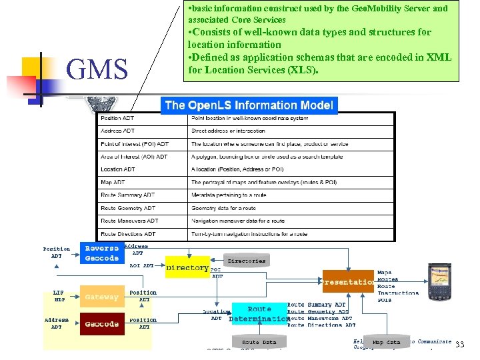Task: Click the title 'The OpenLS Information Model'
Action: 249,105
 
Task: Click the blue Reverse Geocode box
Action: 101,253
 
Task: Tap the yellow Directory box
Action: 187,268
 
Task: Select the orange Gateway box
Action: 101,297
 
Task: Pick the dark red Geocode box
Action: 101,324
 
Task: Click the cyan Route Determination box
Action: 259,314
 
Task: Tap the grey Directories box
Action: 246,261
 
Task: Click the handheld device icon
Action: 441,280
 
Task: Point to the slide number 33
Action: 459,345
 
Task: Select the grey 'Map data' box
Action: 387,342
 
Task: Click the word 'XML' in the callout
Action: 438,57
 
